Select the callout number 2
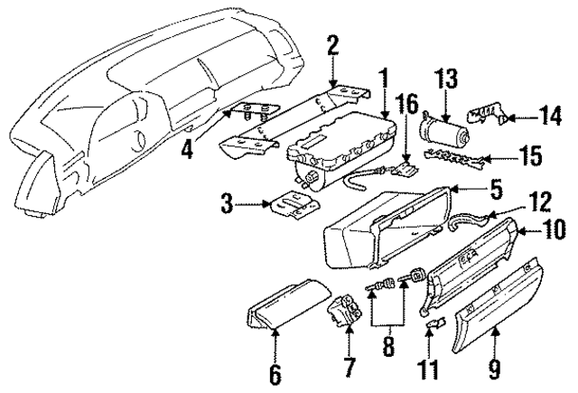tap(333, 44)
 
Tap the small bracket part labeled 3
tap(289, 206)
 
